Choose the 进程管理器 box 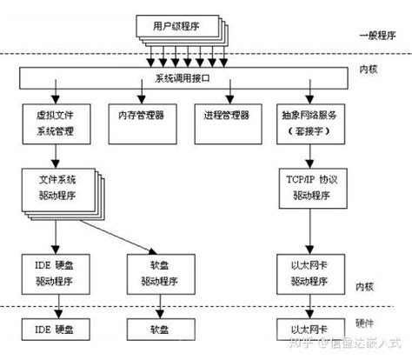[223, 115]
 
